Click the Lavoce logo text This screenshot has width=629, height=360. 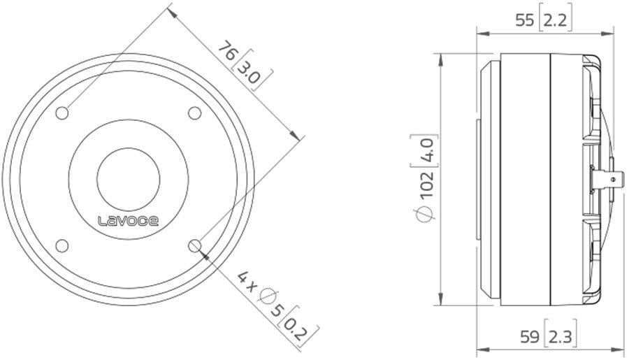tap(127, 222)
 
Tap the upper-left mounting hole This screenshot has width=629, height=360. tap(62, 113)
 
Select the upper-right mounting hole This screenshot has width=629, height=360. tap(194, 113)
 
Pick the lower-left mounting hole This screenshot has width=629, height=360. tap(62, 245)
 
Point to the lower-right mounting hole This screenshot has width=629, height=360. tap(194, 245)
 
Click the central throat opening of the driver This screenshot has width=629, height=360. tap(128, 178)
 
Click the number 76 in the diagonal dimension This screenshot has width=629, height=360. tap(227, 51)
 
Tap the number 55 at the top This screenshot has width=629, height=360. tap(524, 20)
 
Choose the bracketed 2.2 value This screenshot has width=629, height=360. tap(556, 20)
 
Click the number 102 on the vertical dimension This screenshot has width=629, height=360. tap(427, 185)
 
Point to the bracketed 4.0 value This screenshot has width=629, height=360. tap(427, 149)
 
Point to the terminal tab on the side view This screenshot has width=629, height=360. tap(614, 179)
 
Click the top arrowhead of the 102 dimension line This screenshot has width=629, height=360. tap(440, 58)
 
